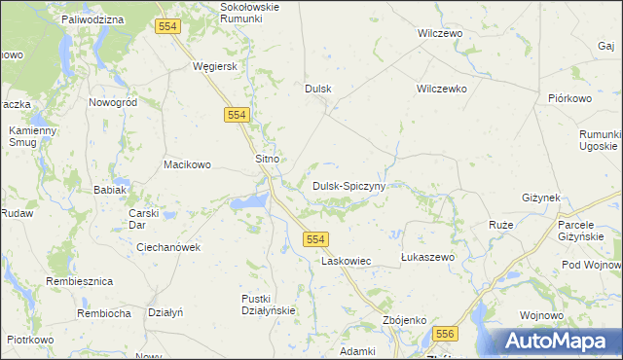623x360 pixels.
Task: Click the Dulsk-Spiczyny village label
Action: click(349, 185)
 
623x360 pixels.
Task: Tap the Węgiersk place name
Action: click(216, 66)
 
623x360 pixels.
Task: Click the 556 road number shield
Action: click(445, 334)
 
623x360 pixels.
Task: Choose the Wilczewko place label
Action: click(442, 89)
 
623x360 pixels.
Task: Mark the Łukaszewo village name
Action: click(428, 257)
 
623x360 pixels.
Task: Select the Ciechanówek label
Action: click(168, 247)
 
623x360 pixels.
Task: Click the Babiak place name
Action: click(110, 190)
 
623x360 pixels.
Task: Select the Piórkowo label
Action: click(570, 98)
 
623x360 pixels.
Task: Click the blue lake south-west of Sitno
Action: click(250, 201)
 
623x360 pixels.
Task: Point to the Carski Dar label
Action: click(143, 218)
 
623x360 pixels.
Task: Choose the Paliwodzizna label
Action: click(92, 19)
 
